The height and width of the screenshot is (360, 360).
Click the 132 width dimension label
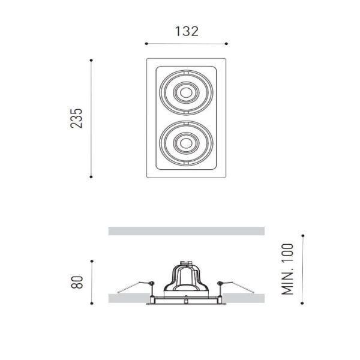coord(186,31)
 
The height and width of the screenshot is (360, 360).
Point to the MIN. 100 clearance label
coord(289,269)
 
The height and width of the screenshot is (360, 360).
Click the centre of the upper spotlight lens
coord(185,92)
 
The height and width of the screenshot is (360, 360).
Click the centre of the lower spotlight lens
coord(185,143)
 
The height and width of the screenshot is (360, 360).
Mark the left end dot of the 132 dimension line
coord(146,43)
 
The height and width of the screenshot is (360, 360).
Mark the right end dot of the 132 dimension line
coord(227,43)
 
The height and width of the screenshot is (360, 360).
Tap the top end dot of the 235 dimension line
coord(91,60)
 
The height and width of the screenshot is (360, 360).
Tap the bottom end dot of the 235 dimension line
coord(91,176)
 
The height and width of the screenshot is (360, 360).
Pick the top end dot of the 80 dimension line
coord(91,260)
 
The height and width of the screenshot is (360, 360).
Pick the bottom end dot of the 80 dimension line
coord(91,302)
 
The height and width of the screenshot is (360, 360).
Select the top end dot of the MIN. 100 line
coord(302,236)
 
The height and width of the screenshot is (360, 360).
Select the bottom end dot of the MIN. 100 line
coord(302,302)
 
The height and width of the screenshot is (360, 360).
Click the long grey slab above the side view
coord(186,231)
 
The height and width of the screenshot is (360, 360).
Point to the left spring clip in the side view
coord(136,286)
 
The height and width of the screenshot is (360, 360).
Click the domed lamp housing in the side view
coord(186,279)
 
